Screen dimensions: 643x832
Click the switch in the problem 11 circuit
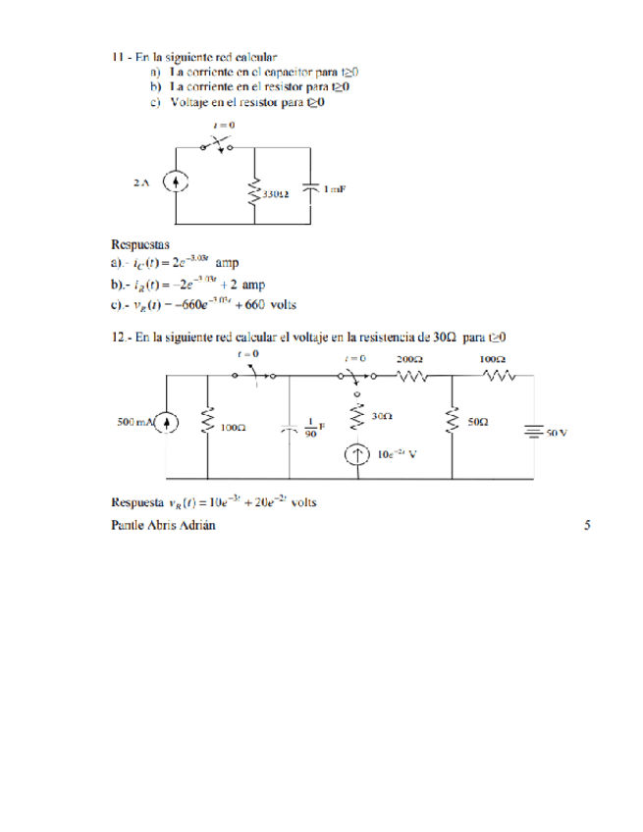point(217,143)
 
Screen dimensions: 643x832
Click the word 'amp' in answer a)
point(227,262)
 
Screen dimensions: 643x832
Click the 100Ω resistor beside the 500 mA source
point(207,422)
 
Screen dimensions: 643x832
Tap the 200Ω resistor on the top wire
point(411,374)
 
